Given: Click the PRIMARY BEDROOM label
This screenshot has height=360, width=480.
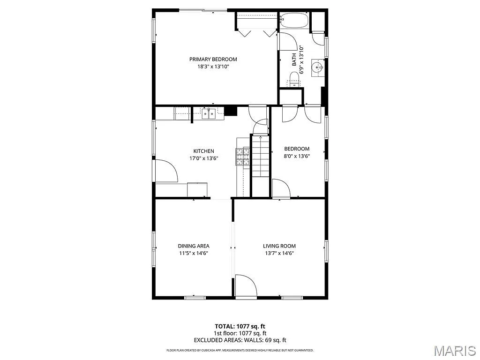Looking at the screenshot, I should coord(213,60).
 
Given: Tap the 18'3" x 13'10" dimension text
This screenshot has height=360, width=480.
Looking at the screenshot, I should coord(213,67).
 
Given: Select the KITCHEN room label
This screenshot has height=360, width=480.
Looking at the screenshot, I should coord(203,151).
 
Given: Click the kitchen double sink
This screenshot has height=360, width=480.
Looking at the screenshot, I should coord(209,112).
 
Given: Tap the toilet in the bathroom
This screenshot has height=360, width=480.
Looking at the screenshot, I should coord(293,82).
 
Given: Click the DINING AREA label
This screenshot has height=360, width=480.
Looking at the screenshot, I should coord(193,246).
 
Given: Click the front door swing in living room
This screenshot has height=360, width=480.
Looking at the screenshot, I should coord(245,285).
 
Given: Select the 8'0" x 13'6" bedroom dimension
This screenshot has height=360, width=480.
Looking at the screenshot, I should coord(297,156).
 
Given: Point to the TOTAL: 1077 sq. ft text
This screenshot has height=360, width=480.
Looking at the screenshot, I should coord(240,326).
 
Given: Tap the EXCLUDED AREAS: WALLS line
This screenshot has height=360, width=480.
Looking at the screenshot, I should coord(240,340).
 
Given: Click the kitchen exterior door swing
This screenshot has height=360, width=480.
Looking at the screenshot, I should coord(166,171).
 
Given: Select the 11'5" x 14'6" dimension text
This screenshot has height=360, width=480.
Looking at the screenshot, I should coord(193,253).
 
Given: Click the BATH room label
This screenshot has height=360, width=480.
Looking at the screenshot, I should coord(294,60).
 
